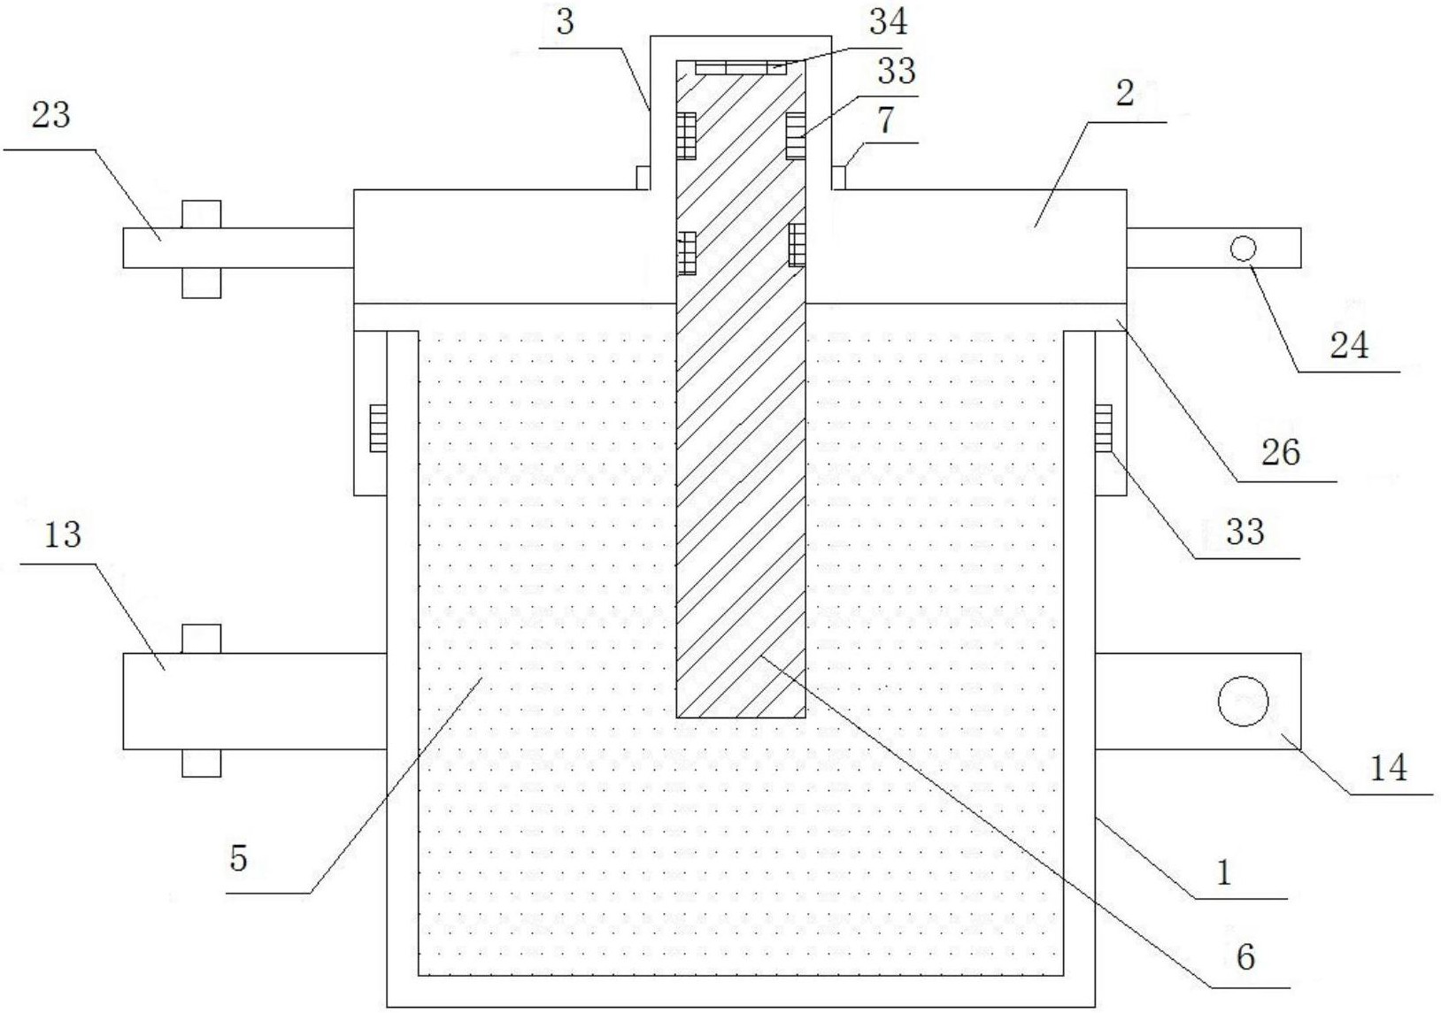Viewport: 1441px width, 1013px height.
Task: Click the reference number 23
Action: click(x=50, y=115)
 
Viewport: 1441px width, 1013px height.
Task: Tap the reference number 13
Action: click(x=62, y=534)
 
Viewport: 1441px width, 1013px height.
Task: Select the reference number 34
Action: click(x=889, y=21)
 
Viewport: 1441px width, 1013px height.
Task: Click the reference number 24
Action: click(x=1349, y=345)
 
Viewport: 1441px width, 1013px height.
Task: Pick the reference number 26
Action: click(x=1281, y=452)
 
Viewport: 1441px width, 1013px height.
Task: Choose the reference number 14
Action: click(x=1388, y=767)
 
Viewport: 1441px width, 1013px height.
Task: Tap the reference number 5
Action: click(x=238, y=858)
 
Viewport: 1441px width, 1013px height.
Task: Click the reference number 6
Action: click(x=1246, y=957)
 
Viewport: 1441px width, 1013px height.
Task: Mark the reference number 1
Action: click(x=1223, y=873)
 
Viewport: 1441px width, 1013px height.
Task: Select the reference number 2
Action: click(x=1124, y=93)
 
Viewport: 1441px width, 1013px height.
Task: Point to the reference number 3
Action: click(x=565, y=22)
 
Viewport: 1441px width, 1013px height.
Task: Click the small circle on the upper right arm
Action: click(x=1243, y=249)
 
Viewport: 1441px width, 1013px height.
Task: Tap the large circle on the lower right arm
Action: click(x=1243, y=701)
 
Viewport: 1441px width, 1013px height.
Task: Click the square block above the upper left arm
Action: click(x=201, y=214)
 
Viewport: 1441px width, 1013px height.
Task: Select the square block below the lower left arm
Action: click(x=201, y=763)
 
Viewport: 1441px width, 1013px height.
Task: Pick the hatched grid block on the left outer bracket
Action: click(x=378, y=427)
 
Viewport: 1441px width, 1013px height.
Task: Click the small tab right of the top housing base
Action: click(x=838, y=178)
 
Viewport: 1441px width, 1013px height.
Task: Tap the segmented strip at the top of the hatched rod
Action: click(x=741, y=68)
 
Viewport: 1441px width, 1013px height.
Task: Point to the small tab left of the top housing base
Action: click(x=643, y=178)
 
